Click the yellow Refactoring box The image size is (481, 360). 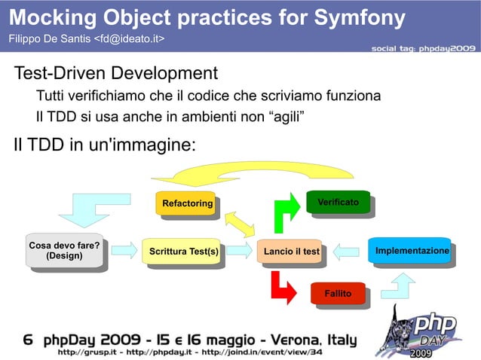[x=188, y=203]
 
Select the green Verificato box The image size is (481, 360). [x=337, y=203]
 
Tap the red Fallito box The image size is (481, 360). [x=338, y=292]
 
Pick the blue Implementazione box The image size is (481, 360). [x=412, y=251]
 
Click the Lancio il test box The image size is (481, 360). [x=291, y=251]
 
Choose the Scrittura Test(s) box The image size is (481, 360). [x=183, y=251]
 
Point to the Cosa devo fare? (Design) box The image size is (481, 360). [x=64, y=250]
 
